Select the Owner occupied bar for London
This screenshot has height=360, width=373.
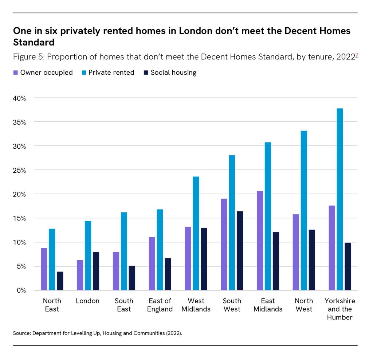coord(80,275)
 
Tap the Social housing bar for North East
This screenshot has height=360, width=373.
coord(60,281)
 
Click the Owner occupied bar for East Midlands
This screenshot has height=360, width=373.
coord(260,240)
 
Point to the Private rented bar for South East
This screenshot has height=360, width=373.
coord(124,251)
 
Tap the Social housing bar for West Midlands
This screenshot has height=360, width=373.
coord(204,259)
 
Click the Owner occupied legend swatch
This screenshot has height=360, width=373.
coord(15,73)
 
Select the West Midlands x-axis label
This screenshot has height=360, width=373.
coord(196,305)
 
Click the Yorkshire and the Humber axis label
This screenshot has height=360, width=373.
coord(339,309)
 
